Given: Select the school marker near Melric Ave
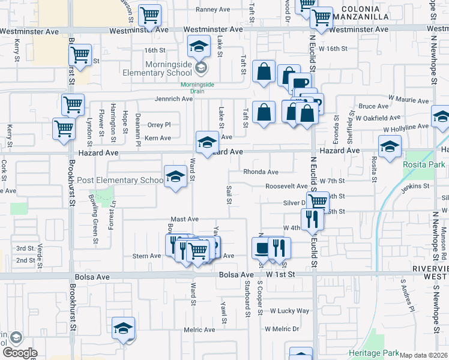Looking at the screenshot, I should (123, 328).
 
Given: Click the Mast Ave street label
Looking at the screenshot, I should (184, 220).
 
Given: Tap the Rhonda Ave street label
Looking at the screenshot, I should (261, 172).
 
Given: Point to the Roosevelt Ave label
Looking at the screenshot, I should (286, 186).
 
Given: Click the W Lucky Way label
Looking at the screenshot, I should (289, 311).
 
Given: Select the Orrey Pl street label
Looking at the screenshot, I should (159, 125).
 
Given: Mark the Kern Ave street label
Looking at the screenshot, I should (158, 138).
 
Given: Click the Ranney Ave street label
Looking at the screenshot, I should (214, 9).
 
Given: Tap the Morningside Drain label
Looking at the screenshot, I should (197, 88).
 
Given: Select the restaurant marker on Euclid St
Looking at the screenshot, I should (312, 219).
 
